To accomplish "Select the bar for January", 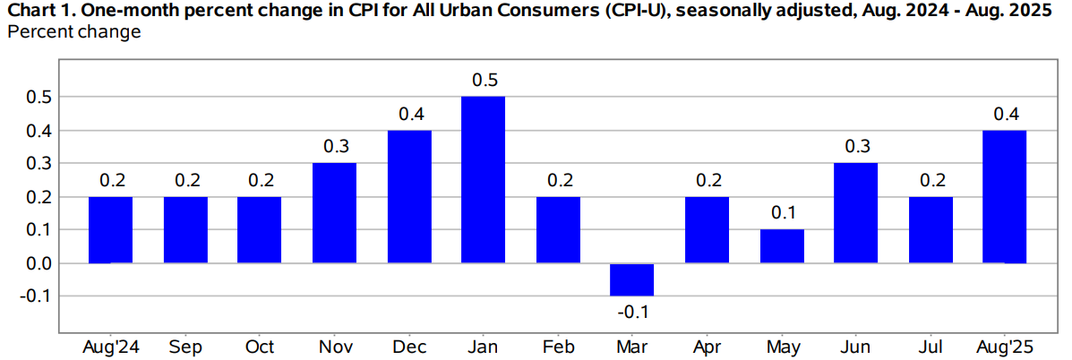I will click(484, 179).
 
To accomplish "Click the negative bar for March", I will click(632, 279).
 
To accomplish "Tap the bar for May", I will click(782, 246).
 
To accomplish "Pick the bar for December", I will click(409, 196).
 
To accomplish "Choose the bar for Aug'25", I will click(1005, 196).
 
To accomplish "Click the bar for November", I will click(334, 213).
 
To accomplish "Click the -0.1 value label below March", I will click(631, 312).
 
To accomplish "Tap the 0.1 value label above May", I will click(782, 214).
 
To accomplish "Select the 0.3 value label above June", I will click(856, 147).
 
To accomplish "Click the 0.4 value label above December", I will click(409, 114).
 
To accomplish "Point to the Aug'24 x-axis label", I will click(110, 347).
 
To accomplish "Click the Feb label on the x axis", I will click(558, 347).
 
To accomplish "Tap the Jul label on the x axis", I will click(930, 347).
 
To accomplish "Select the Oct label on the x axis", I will click(260, 347).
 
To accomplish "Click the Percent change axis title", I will click(74, 32).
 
